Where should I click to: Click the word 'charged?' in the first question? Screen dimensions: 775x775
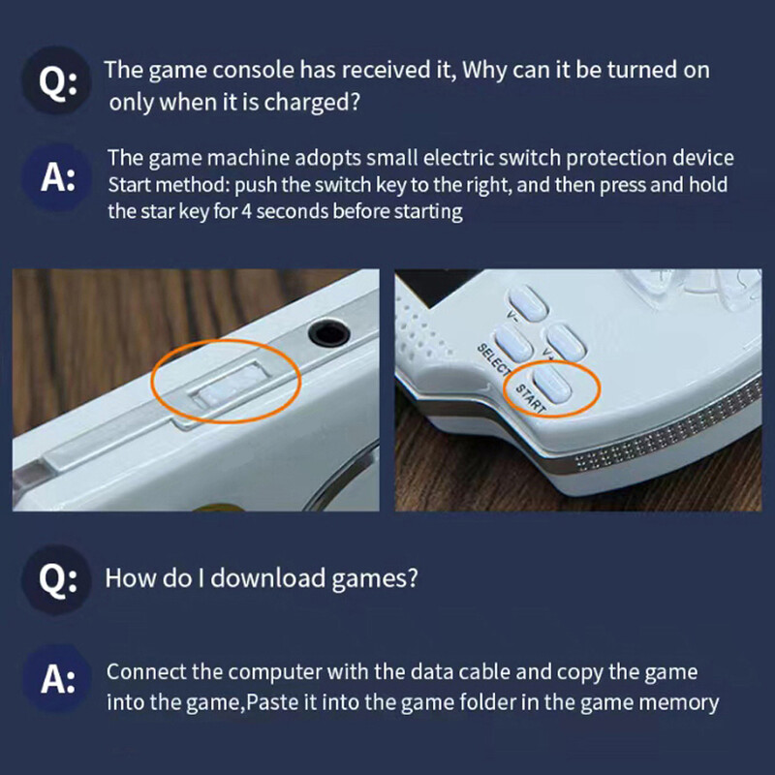pos(314,103)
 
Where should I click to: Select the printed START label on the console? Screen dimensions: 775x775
pos(529,398)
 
